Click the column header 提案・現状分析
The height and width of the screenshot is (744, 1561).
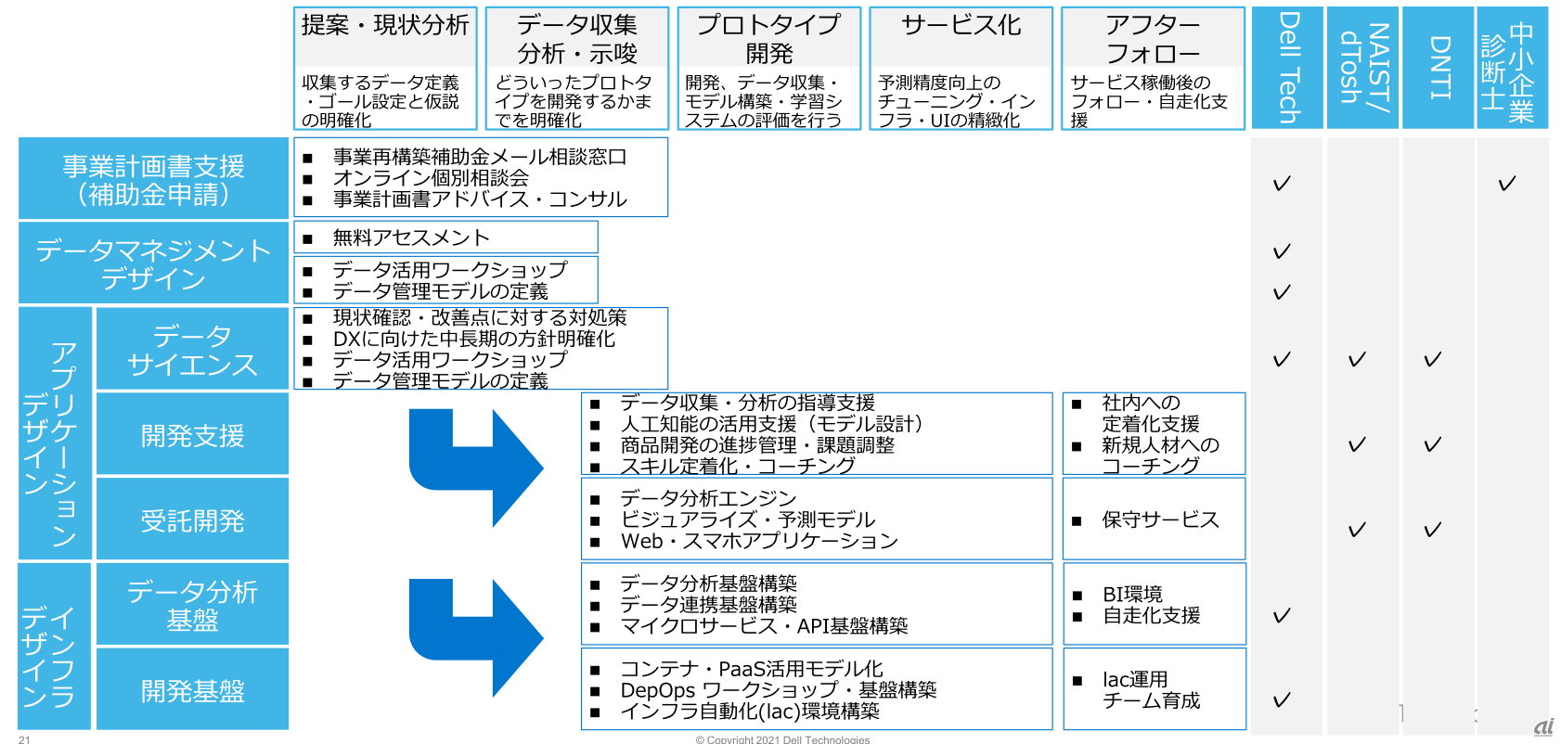point(385,25)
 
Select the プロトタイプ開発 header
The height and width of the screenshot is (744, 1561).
point(768,38)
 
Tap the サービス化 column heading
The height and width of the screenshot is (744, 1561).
point(961,25)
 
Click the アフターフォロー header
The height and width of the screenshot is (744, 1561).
point(1153,38)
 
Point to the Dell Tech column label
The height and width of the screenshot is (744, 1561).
point(1287,68)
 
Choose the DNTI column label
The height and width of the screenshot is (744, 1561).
point(1438,68)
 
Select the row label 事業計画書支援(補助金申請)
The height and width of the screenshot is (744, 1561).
point(153,179)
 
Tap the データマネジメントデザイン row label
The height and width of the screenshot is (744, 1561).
point(153,263)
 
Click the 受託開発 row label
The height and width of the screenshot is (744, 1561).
point(192,520)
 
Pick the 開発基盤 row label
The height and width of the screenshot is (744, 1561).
point(192,690)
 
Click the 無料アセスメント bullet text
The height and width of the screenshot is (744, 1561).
point(410,237)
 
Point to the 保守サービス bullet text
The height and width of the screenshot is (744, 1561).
point(1160,520)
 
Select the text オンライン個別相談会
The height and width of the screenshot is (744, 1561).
point(431,177)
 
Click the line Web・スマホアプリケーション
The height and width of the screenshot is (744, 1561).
point(759,541)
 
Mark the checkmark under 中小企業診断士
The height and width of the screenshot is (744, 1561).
point(1506,184)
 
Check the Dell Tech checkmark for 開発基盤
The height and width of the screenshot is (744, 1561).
point(1282,700)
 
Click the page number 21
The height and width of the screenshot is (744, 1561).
point(24,739)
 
